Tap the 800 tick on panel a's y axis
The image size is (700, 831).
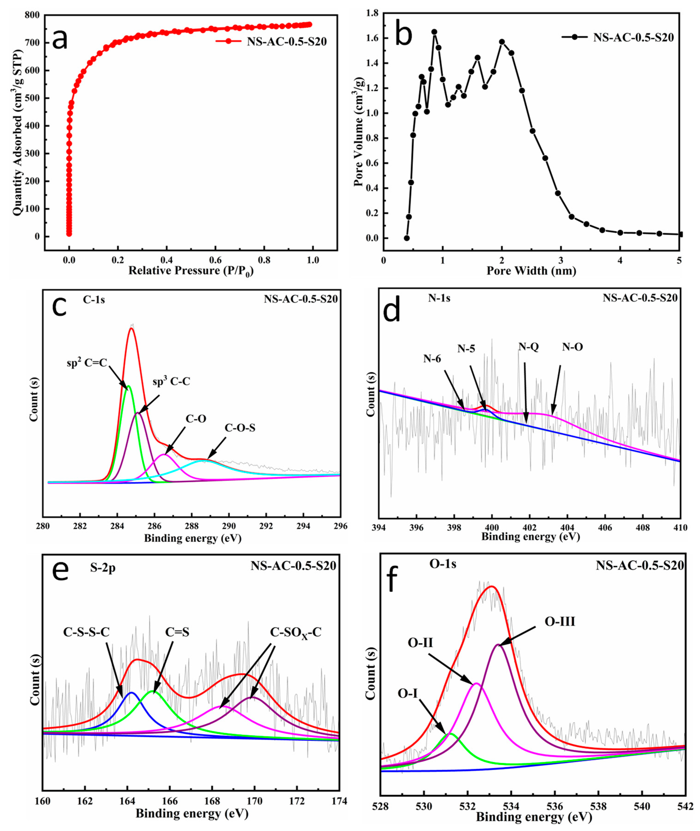pyautogui.click(x=32, y=15)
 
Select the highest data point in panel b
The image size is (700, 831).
pyautogui.click(x=434, y=32)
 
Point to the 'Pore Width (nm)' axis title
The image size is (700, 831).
pyautogui.click(x=531, y=271)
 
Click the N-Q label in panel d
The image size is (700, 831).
pyautogui.click(x=528, y=347)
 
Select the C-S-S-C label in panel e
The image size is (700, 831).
pyautogui.click(x=87, y=632)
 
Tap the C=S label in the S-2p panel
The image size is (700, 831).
pyautogui.click(x=177, y=632)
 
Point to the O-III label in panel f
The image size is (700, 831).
pyautogui.click(x=560, y=622)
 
